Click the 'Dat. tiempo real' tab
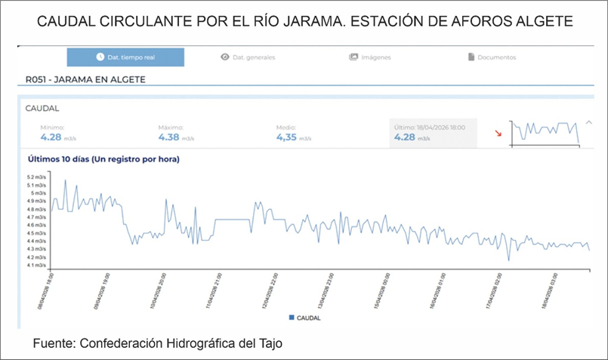coord(125,57)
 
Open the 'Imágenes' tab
coord(370,57)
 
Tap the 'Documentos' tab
coord(492,57)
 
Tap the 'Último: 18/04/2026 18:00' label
coord(431,128)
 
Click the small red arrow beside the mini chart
coord(498,134)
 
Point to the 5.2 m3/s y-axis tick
coord(36,177)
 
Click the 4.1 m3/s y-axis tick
coord(36,265)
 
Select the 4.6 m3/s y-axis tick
coord(36,225)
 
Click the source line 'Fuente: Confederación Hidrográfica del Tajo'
coord(157,344)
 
